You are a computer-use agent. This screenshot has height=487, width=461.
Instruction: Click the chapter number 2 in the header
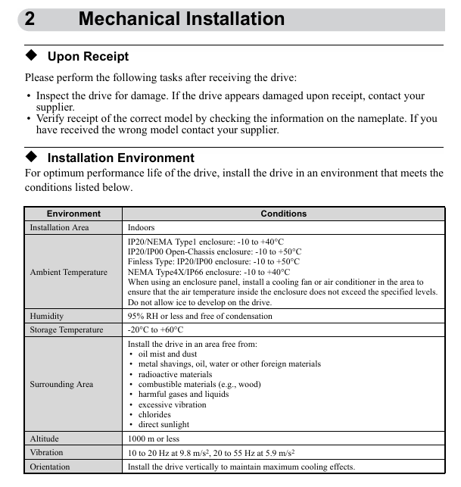pos(30,19)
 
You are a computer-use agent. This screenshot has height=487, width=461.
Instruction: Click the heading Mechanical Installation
pos(182,19)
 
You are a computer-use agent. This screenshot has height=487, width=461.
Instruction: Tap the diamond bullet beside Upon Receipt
pos(31,56)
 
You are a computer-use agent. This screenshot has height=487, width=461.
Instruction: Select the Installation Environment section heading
pos(120,158)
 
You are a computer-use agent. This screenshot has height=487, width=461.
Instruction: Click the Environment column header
pos(73,214)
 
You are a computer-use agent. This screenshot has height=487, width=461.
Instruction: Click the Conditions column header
pos(283,214)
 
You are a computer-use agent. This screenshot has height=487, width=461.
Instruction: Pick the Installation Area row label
pos(59,227)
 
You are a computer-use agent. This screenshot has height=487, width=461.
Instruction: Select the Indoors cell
pos(141,227)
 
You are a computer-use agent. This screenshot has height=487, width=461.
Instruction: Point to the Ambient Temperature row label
pos(68,272)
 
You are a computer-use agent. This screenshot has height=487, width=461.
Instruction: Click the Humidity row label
pos(47,316)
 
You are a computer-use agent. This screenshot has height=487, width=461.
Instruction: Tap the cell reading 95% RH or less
pos(200,316)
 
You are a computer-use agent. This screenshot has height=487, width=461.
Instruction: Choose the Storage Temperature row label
pos(67,329)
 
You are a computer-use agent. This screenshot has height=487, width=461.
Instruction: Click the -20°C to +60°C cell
pos(155,329)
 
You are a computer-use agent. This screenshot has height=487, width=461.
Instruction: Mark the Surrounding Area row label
pos(61,384)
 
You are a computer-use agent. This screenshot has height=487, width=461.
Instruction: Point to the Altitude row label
pos(44,439)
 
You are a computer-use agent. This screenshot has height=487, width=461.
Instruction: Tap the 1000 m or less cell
pos(154,439)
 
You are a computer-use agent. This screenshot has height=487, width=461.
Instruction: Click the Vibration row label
pos(47,452)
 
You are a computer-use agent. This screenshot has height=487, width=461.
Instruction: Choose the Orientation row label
pos(50,467)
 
